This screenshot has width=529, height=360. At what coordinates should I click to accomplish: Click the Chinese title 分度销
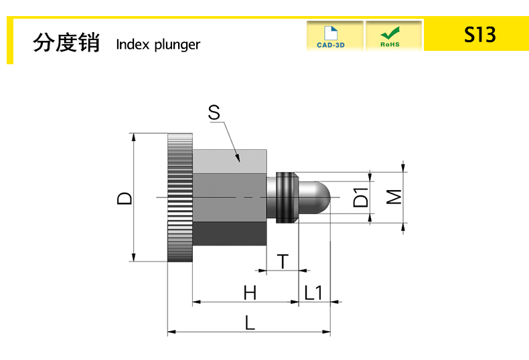(x=66, y=43)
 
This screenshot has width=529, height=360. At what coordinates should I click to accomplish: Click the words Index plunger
(x=157, y=45)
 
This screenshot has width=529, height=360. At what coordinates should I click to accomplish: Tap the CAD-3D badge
(x=334, y=36)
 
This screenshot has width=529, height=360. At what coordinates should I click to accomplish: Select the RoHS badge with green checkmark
(x=390, y=36)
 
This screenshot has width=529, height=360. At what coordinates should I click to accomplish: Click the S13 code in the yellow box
(x=479, y=35)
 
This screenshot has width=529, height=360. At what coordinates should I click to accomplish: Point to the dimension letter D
(x=125, y=198)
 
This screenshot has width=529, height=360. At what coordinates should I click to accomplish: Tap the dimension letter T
(x=284, y=261)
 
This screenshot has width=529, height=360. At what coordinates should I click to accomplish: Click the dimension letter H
(x=250, y=292)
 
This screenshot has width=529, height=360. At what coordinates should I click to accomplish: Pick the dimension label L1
(x=313, y=292)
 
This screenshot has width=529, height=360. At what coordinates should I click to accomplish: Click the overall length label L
(x=250, y=323)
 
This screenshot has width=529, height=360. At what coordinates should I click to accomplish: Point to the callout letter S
(x=214, y=112)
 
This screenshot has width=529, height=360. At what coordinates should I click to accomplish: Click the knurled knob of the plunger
(x=179, y=198)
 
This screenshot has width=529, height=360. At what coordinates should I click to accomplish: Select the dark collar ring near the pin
(x=287, y=197)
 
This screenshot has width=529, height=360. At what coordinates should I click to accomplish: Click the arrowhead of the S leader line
(x=238, y=159)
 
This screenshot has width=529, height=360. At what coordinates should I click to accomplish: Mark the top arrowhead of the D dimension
(x=134, y=137)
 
